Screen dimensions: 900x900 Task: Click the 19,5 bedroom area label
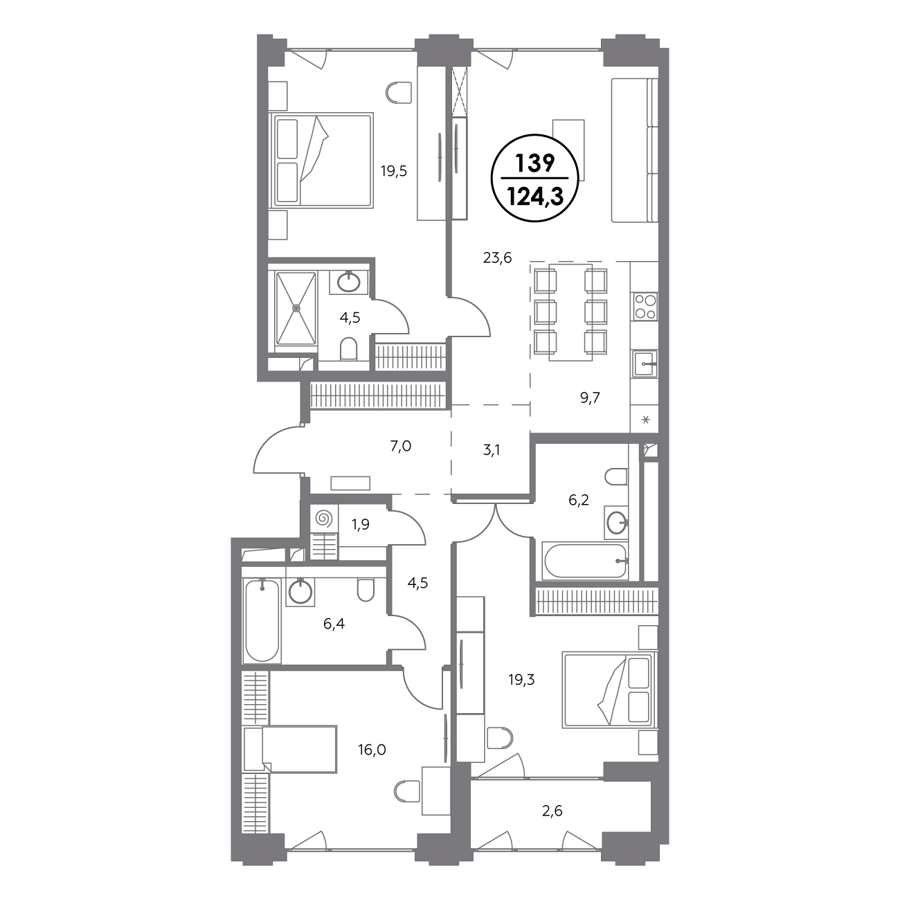click(x=394, y=172)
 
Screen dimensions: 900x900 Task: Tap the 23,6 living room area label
click(x=497, y=258)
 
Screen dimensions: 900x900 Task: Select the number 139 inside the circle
click(x=534, y=163)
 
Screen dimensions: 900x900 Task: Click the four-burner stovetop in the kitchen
click(x=645, y=307)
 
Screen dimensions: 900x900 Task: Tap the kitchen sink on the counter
click(x=645, y=363)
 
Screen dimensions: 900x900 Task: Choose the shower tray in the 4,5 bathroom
click(x=296, y=309)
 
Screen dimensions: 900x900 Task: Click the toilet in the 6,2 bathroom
click(x=616, y=477)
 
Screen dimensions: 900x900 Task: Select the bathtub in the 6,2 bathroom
click(x=584, y=561)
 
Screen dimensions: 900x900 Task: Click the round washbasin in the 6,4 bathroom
click(x=300, y=592)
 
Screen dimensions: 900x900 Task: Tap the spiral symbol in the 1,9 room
click(x=324, y=519)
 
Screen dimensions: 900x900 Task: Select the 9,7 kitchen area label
click(x=590, y=397)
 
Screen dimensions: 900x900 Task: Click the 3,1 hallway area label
click(x=492, y=450)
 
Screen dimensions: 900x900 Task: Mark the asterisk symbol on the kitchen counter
click(x=646, y=420)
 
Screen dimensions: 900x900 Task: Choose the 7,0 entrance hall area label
click(x=401, y=447)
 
